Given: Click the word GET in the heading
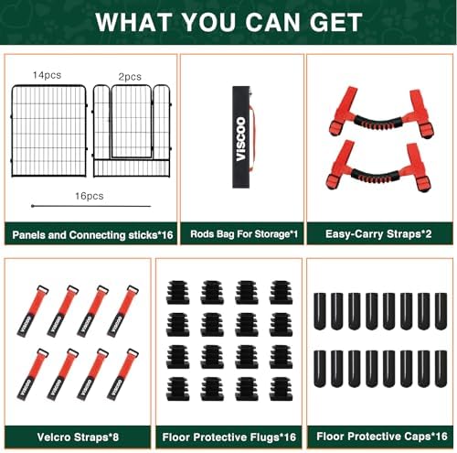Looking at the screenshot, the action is coord(335,22).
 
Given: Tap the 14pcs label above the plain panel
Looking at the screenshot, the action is coord(47,75).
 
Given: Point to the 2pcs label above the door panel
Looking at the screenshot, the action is coord(130,77).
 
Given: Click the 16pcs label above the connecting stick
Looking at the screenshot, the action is coord(90,196).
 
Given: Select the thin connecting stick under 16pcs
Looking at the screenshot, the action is coord(91,206).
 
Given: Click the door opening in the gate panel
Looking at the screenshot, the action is coord(132,122).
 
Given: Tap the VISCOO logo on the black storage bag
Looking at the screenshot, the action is coord(241,139).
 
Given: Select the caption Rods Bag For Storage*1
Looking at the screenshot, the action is coord(244,234).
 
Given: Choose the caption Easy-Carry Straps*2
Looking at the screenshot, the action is coord(378,234).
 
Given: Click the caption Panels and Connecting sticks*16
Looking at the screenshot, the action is coord(92,235).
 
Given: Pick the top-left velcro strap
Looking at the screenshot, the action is coord(33,311).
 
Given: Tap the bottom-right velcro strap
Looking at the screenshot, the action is coord(122,374).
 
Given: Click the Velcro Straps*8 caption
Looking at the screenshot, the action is coord(78,437).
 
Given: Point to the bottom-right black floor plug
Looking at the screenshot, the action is coord(282,389).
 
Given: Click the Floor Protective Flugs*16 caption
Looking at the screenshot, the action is coord(229,437).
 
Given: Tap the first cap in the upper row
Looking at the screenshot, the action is coord(320,311).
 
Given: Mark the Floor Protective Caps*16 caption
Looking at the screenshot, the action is coord(382,437).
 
